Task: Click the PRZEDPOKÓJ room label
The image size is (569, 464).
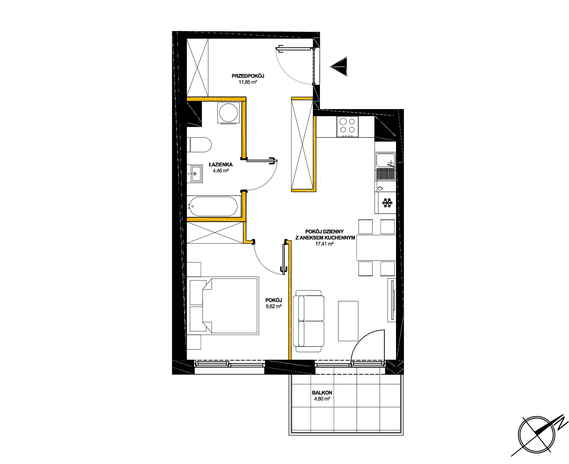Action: pos(248,76)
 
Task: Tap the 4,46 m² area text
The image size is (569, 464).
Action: pos(221,170)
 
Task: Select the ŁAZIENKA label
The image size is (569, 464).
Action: pos(221,164)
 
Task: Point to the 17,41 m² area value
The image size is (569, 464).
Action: pos(324,244)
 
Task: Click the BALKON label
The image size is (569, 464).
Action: pos(322,393)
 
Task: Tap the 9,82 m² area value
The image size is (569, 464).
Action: pos(273,306)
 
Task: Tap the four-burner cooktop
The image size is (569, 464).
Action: pos(347,127)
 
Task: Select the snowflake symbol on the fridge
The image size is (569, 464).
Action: pos(387,203)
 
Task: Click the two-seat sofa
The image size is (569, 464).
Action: pos(309,321)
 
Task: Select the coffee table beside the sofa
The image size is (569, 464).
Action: pos(348,321)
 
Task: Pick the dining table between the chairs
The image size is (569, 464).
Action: pos(376,247)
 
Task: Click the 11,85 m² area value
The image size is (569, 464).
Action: pos(248,82)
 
